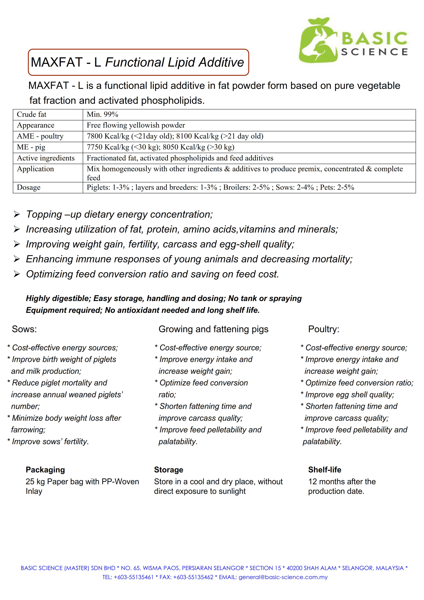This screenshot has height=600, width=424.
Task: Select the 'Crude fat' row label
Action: pyautogui.click(x=32, y=114)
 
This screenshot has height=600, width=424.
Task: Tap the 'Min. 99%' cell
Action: pyautogui.click(x=102, y=114)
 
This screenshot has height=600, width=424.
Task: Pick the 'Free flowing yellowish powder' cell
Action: pyautogui.click(x=136, y=126)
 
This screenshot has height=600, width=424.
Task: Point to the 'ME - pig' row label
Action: pyautogui.click(x=31, y=147)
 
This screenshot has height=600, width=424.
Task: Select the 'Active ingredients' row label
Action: pyautogui.click(x=46, y=158)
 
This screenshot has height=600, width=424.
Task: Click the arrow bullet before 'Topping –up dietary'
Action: pyautogui.click(x=17, y=215)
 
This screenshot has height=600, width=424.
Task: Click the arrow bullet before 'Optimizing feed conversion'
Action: pyautogui.click(x=17, y=274)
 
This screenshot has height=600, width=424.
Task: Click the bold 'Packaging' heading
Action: pyautogui.click(x=45, y=470)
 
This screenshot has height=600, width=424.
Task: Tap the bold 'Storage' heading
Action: pyautogui.click(x=169, y=470)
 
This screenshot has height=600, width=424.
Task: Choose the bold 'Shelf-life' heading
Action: pyautogui.click(x=325, y=470)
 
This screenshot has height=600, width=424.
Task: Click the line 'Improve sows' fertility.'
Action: pyautogui.click(x=50, y=442)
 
